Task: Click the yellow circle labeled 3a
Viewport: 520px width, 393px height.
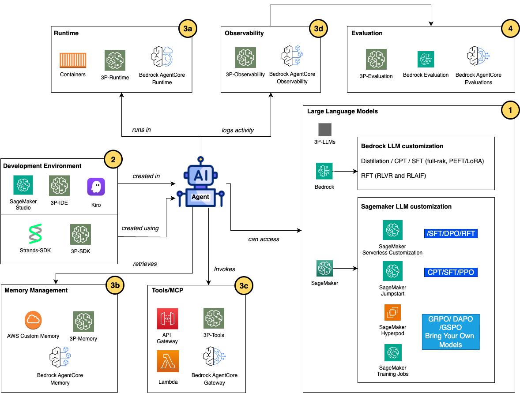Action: click(x=188, y=29)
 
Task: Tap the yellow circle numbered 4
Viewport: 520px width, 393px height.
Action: click(x=510, y=29)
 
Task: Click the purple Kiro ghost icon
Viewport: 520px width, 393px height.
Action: click(x=96, y=187)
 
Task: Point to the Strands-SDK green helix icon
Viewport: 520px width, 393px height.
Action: click(x=35, y=234)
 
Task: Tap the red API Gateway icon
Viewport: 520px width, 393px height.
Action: click(x=167, y=318)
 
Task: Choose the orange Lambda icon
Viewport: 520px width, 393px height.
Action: click(x=167, y=361)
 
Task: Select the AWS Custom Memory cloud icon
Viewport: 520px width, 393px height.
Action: click(x=33, y=320)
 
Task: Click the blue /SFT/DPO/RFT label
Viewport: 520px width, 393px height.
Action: click(x=450, y=233)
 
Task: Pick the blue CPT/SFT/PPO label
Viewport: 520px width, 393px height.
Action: click(x=450, y=272)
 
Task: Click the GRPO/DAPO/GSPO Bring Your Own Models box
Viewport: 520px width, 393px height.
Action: click(x=450, y=332)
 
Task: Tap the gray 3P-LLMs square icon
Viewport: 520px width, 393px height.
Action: click(x=325, y=130)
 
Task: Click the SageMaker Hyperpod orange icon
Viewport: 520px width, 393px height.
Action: click(x=392, y=313)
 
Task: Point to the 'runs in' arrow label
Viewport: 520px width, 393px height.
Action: click(x=141, y=130)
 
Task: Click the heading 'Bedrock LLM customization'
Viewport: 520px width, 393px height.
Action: click(x=402, y=146)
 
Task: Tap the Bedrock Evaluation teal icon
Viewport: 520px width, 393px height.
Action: click(x=426, y=59)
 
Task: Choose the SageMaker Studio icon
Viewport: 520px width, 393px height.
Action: click(x=23, y=185)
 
